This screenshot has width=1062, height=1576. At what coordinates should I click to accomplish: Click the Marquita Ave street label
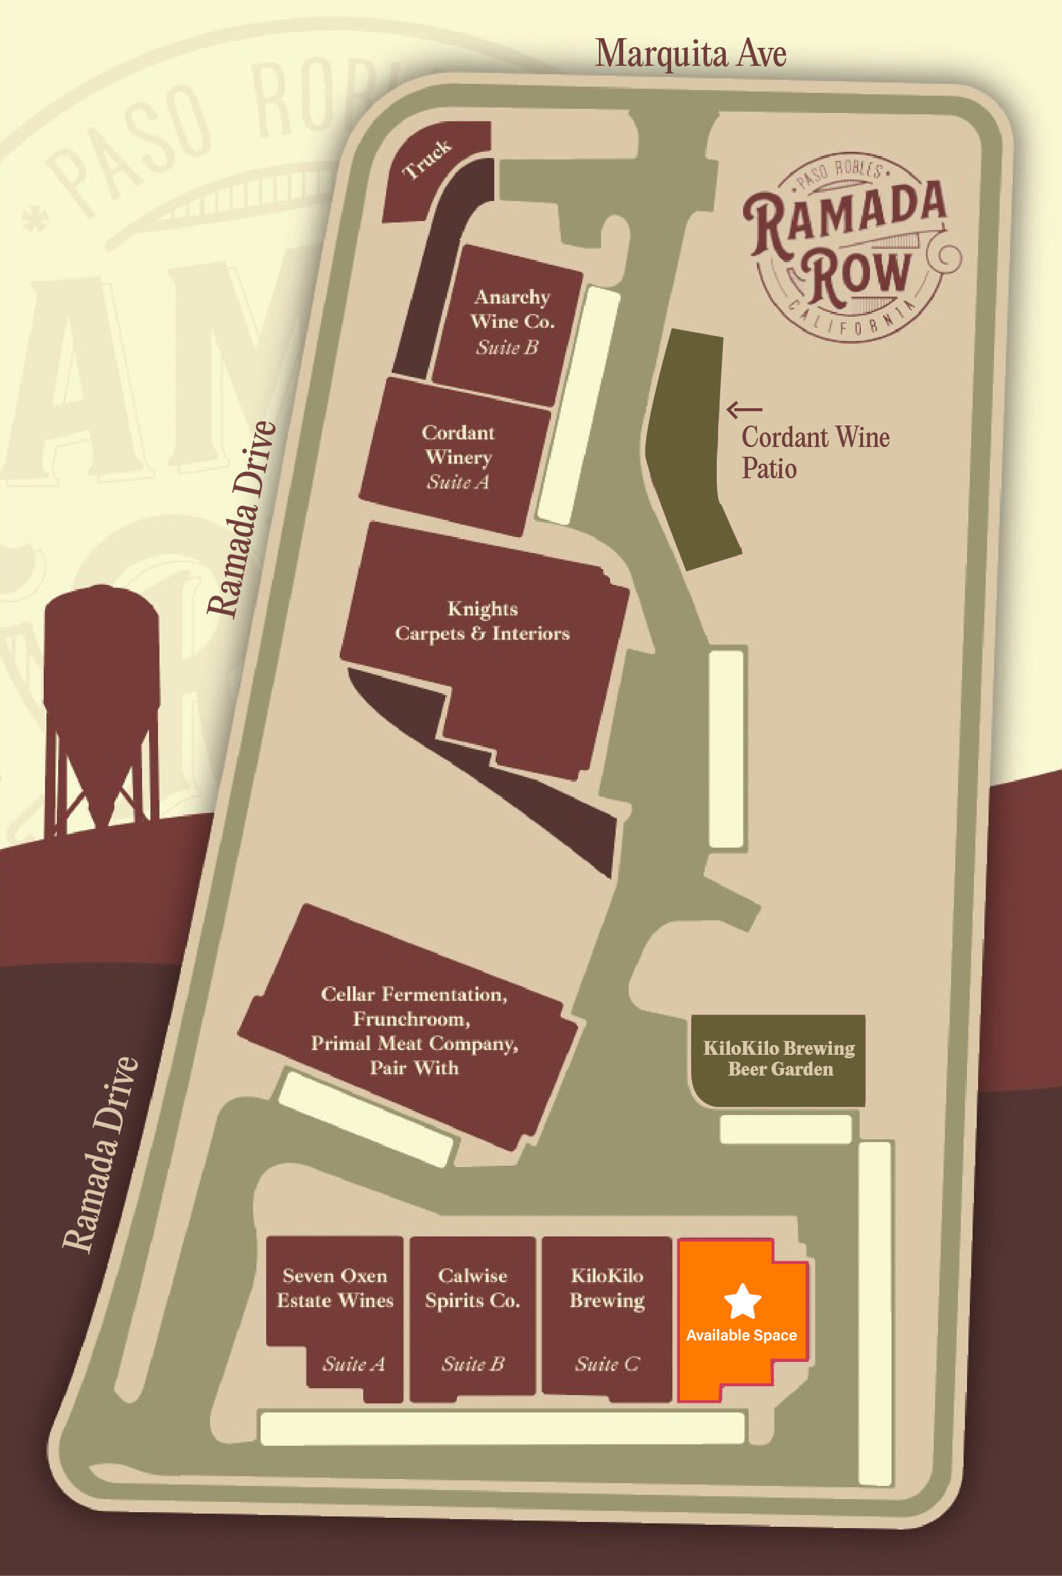(x=690, y=54)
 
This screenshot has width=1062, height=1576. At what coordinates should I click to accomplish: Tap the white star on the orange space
(x=742, y=1301)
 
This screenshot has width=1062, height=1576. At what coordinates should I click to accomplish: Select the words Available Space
(x=741, y=1336)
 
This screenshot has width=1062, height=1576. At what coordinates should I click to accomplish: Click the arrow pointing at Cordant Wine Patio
(x=744, y=410)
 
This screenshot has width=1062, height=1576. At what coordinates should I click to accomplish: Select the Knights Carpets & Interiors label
(x=482, y=621)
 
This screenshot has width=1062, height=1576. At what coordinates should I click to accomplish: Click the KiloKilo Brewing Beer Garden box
(x=779, y=1059)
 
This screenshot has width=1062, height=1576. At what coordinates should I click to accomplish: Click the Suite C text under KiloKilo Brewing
(x=607, y=1364)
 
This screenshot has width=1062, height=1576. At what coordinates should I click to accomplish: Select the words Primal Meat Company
(x=414, y=1044)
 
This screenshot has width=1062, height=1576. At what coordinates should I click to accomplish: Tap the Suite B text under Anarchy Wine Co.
(x=507, y=347)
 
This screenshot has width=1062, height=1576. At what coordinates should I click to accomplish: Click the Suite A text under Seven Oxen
(x=354, y=1364)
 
